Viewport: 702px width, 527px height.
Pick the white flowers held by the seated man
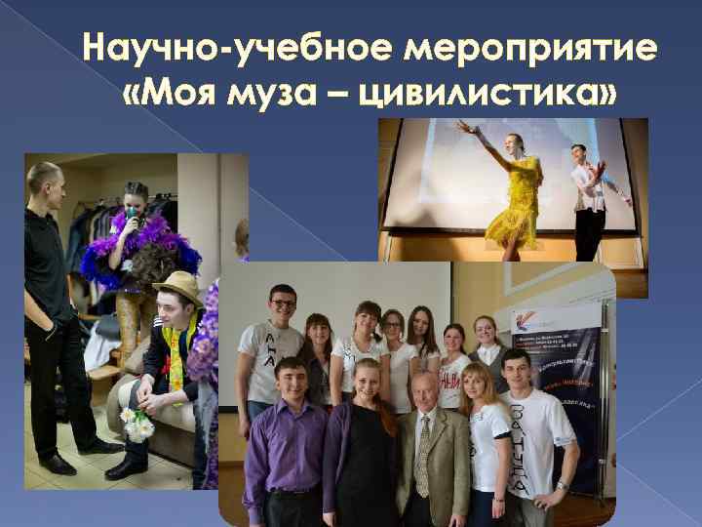137,422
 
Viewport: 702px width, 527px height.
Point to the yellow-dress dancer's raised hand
459,124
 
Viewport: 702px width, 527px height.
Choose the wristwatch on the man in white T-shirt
563,484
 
